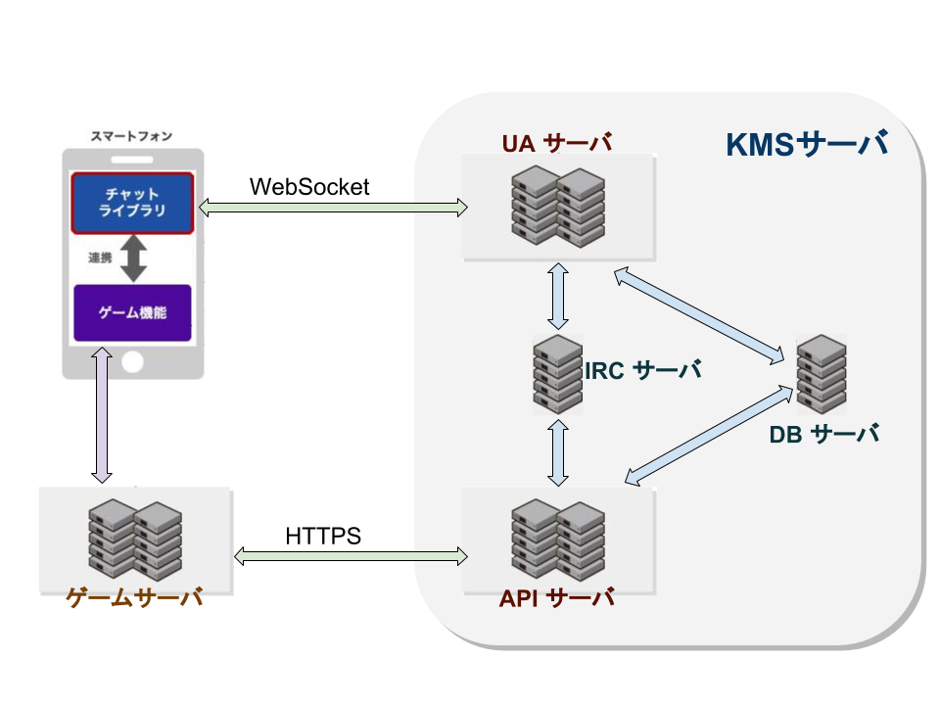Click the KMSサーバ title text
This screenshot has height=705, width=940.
tap(806, 144)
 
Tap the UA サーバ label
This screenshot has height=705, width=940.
tap(557, 143)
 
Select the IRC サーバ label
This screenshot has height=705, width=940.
tap(642, 370)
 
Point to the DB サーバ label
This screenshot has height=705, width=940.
tap(824, 434)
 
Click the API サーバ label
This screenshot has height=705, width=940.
tap(557, 597)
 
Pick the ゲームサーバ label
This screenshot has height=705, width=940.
tap(134, 597)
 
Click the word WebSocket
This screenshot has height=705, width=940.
tap(309, 187)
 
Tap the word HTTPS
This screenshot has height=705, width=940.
tap(323, 536)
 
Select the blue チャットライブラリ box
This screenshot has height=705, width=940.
tap(132, 203)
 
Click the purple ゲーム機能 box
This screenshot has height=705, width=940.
tap(132, 312)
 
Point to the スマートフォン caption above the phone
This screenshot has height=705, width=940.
tap(131, 136)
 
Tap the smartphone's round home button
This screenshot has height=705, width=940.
tap(132, 362)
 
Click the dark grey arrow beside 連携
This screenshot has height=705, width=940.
tap(134, 258)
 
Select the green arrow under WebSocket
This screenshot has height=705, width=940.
tap(333, 208)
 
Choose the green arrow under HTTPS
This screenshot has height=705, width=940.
tap(351, 556)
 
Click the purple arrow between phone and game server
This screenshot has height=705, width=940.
tap(102, 415)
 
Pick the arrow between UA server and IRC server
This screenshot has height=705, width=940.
tap(558, 296)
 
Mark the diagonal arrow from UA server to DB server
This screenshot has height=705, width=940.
tap(699, 316)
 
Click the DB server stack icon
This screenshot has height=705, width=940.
tap(822, 374)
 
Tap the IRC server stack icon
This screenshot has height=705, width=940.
tap(558, 374)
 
